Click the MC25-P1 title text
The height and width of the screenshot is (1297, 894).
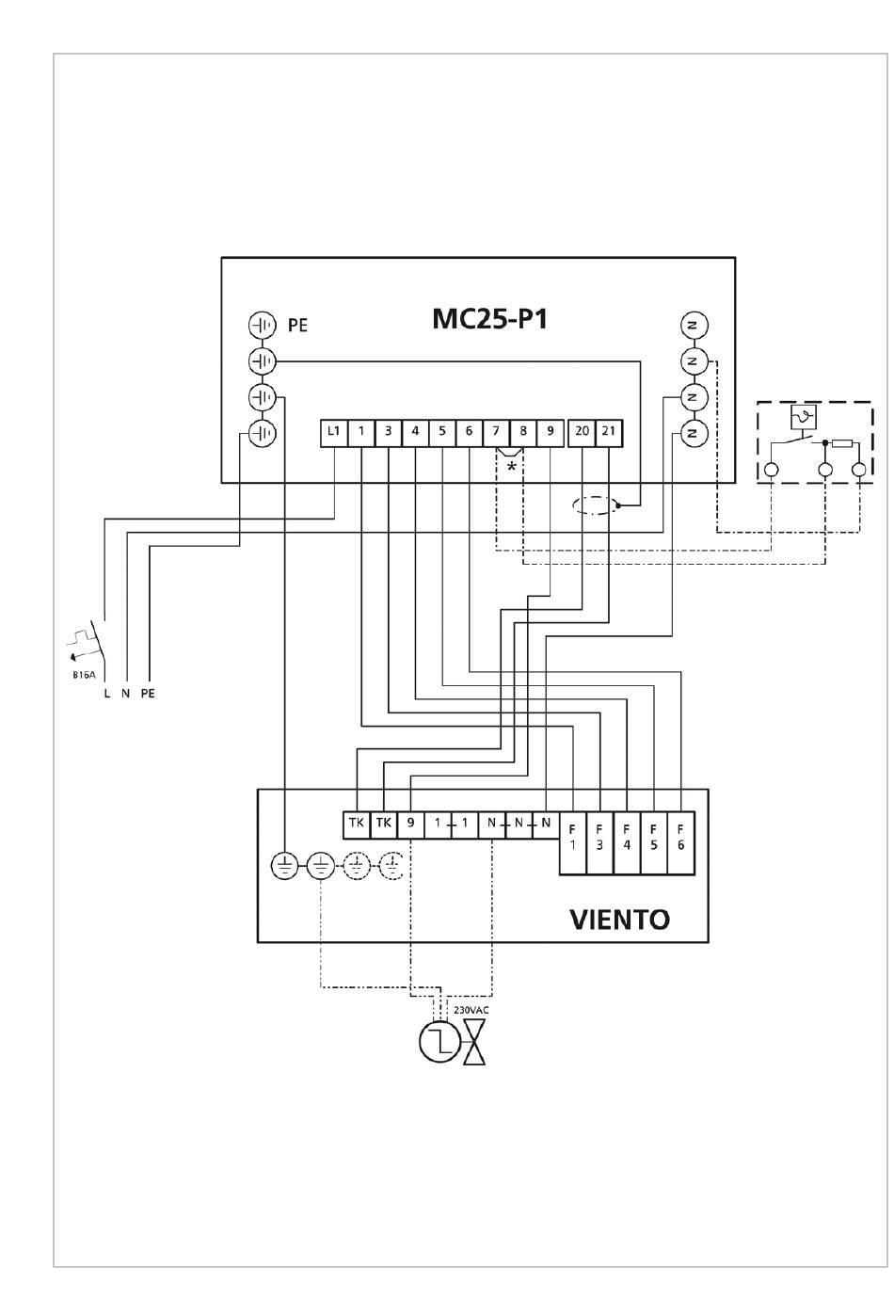(x=489, y=319)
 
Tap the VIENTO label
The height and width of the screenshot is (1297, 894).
(x=619, y=919)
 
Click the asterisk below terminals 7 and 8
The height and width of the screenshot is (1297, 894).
(x=511, y=466)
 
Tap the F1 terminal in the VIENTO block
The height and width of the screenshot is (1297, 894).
(x=573, y=842)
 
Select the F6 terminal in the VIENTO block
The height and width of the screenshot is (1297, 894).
(x=681, y=842)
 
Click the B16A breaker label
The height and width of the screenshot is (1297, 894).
(x=84, y=675)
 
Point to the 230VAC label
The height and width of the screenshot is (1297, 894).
(x=471, y=1010)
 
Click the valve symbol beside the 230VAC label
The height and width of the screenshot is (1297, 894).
(x=473, y=1042)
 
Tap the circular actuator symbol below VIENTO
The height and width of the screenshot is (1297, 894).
(x=440, y=1042)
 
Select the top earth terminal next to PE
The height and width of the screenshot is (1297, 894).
(x=263, y=326)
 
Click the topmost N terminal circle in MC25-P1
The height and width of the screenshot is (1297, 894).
(x=694, y=326)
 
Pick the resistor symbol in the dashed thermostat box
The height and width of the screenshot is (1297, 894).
(x=842, y=444)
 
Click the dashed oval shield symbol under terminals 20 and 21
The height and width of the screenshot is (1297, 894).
(x=593, y=504)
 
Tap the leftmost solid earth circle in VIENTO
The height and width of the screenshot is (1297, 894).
(x=284, y=867)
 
